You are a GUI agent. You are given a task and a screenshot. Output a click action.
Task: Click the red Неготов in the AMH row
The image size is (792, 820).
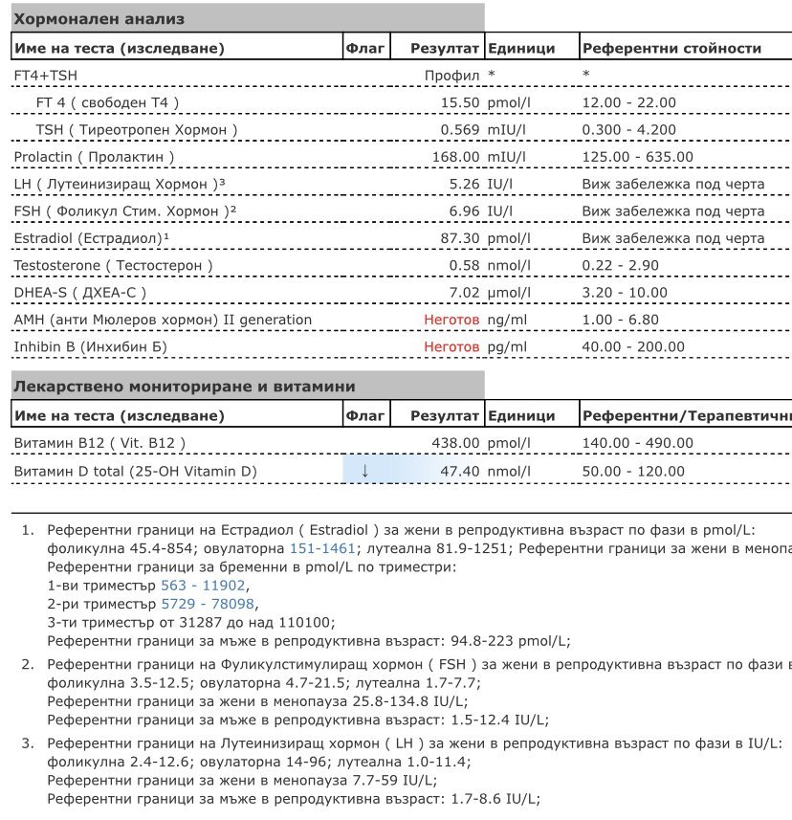click(451, 320)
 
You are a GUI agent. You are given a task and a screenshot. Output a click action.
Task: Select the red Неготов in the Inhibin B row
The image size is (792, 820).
click(451, 346)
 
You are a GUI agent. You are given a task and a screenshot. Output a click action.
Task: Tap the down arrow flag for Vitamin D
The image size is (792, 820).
click(364, 471)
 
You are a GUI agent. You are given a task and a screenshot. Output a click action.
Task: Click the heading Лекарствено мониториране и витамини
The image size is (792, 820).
click(183, 387)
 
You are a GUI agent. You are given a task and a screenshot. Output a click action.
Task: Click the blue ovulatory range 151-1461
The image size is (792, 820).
click(322, 548)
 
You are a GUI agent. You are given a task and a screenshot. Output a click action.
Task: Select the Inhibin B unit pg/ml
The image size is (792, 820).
click(507, 346)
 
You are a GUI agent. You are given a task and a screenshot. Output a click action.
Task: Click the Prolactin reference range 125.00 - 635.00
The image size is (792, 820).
click(638, 157)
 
